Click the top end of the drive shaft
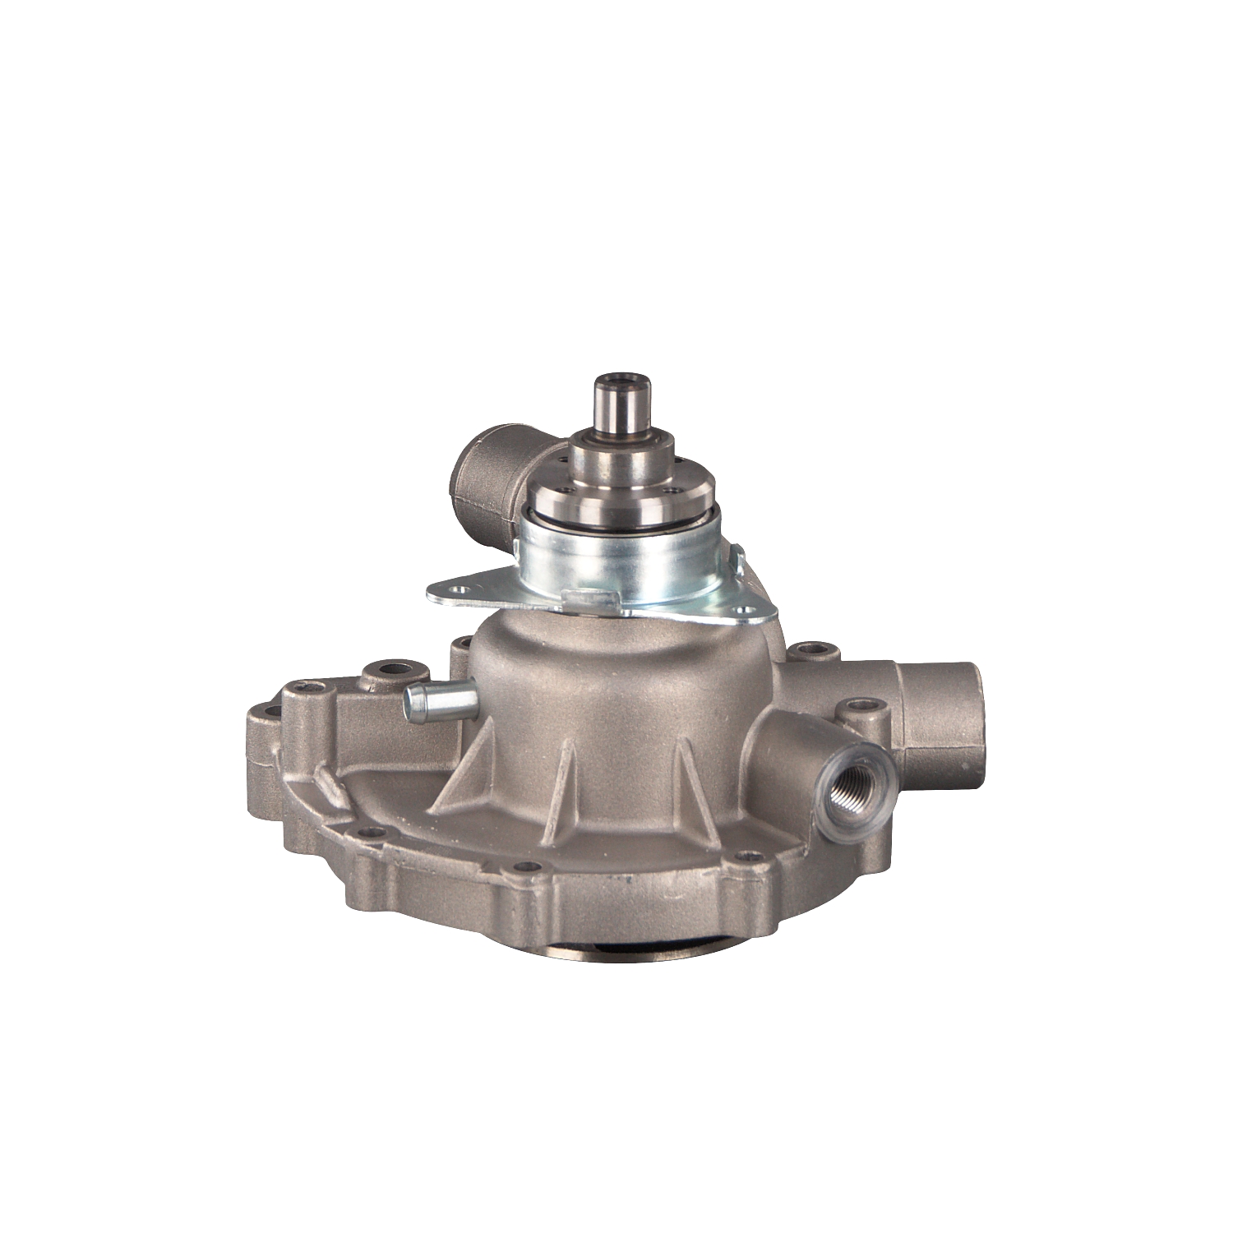(x=622, y=380)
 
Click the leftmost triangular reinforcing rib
(x=464, y=773)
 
